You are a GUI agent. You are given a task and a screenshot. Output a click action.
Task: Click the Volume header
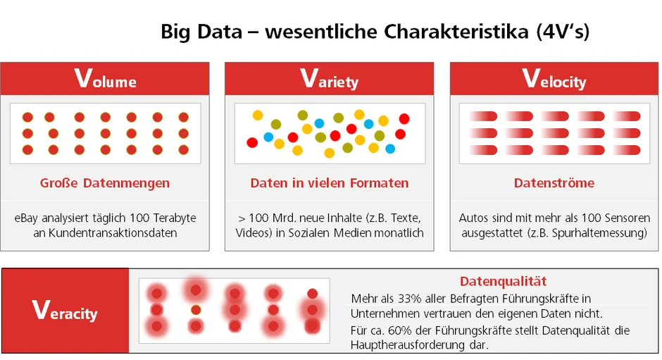pos(105,79)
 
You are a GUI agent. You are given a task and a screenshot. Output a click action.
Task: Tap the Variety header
pos(330,79)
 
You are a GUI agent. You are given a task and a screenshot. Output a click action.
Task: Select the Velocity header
pos(554,79)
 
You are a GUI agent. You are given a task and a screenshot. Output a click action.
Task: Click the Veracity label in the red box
pos(65,311)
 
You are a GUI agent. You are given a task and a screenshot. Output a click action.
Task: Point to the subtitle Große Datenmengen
pos(105,183)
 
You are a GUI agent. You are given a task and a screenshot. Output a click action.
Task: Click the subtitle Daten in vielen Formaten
pos(330,183)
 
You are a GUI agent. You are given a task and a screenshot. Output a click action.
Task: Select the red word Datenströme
pos(554,183)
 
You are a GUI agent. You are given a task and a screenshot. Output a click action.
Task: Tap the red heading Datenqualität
pos(503,281)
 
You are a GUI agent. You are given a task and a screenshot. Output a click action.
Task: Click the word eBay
pos(26,218)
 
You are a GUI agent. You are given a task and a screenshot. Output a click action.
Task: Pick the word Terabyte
pos(175,218)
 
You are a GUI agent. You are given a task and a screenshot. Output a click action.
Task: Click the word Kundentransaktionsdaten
pos(113,232)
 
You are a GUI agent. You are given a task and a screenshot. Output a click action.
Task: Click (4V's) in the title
pos(563,32)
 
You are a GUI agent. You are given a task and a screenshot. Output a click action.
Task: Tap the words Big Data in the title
pos(201,32)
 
